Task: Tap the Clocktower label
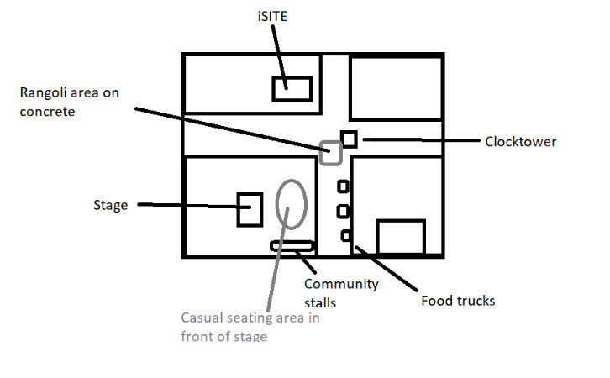(x=520, y=142)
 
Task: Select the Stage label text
(x=110, y=205)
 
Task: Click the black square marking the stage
(x=250, y=208)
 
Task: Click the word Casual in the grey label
(x=202, y=318)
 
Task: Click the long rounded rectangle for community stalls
(x=292, y=245)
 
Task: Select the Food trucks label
(x=458, y=300)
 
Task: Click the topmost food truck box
(x=343, y=186)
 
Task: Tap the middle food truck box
(x=343, y=211)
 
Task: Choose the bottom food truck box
(x=344, y=235)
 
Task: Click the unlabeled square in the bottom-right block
(x=400, y=236)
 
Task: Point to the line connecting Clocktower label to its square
(x=420, y=139)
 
